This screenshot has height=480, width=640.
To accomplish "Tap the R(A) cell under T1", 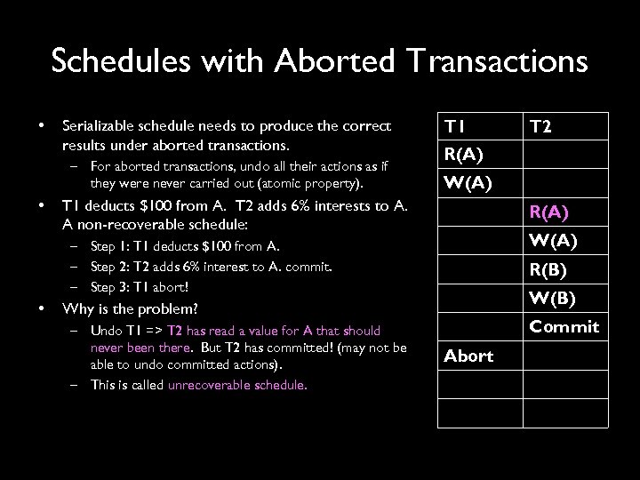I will [464, 156].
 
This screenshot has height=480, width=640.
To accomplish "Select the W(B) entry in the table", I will [551, 298].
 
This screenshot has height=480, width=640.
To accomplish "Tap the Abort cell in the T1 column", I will [468, 356].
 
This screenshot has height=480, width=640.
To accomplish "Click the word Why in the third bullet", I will [76, 309].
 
